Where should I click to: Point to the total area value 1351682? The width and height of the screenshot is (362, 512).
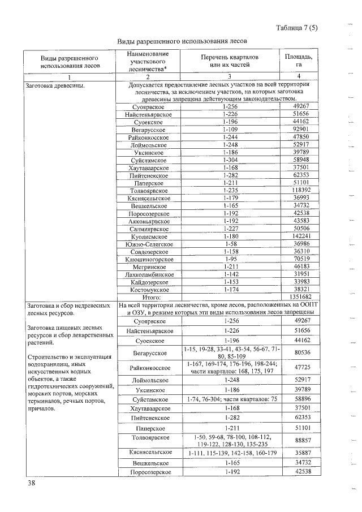(x=301, y=296)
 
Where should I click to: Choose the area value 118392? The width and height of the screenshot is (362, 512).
(x=301, y=191)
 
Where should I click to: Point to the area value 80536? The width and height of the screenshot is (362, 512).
(x=301, y=353)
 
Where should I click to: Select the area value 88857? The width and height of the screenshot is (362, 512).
(x=301, y=438)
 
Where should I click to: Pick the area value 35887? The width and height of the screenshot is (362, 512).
(x=301, y=453)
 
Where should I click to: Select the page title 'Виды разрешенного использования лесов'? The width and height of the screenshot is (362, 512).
(x=182, y=42)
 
